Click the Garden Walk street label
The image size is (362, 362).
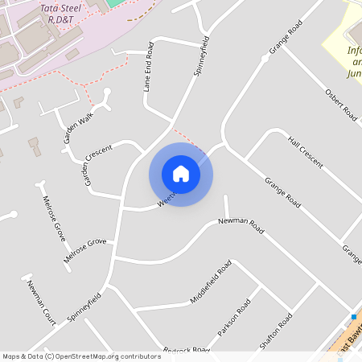[78, 127]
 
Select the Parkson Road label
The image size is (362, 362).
[234, 318]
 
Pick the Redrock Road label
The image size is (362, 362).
[186, 350]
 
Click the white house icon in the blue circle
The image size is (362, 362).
[181, 174]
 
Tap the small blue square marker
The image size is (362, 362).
[353, 317]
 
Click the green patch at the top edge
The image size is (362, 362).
[117, 3]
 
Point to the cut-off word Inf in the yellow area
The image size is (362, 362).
[355, 50]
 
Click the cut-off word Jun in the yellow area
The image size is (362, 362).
[354, 73]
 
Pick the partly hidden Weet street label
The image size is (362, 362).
[165, 200]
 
